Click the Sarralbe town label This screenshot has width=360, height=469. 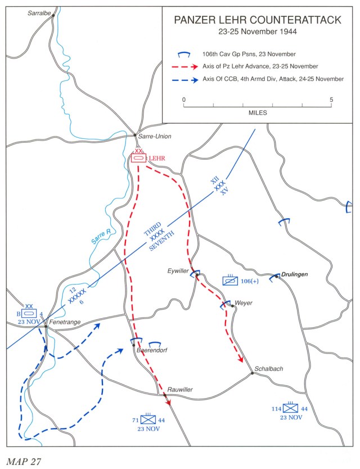[39, 11]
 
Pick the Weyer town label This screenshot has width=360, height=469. [243, 303]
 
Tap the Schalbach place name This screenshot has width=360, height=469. [268, 369]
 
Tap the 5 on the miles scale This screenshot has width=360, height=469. [332, 100]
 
